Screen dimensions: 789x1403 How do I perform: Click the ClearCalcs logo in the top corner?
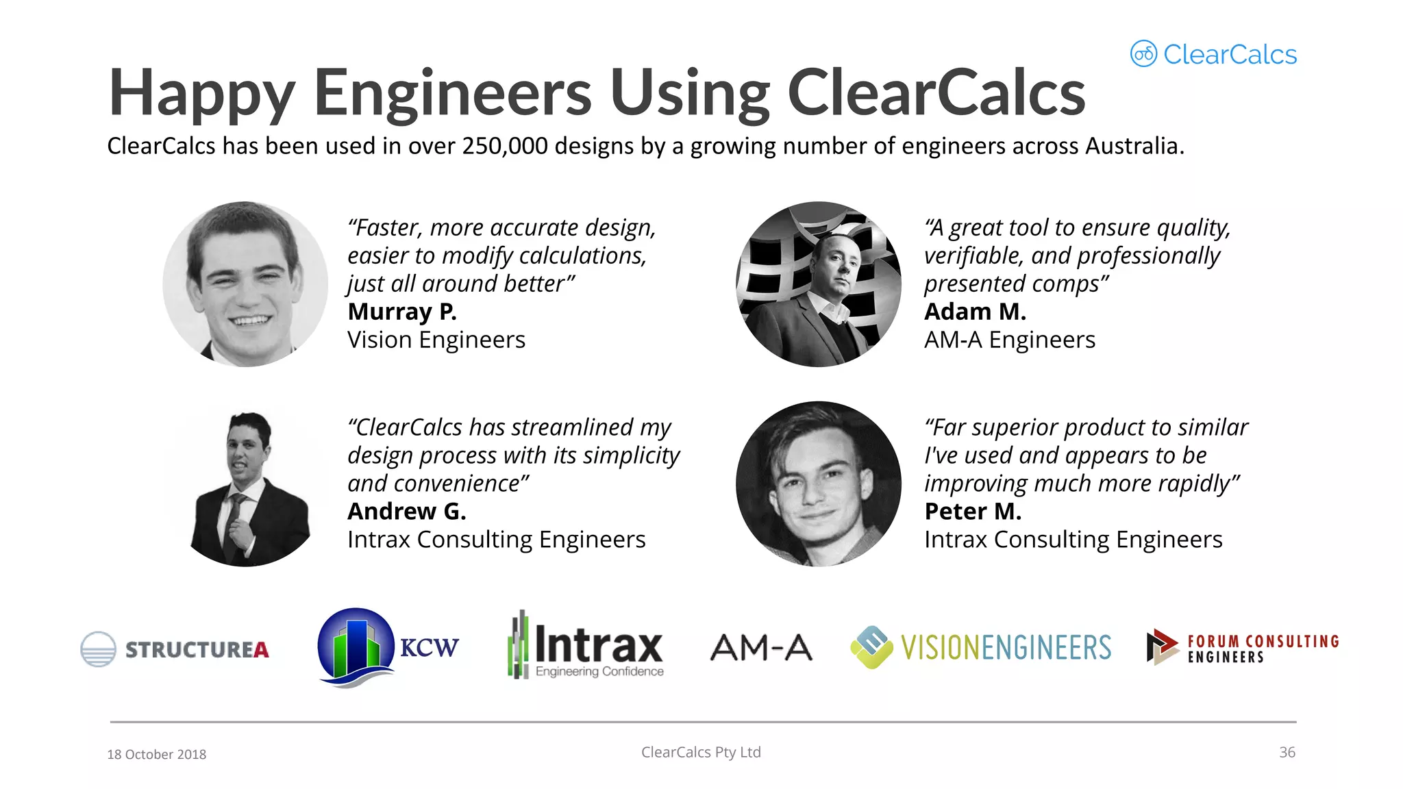pos(1213,54)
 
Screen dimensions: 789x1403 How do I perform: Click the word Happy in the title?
pos(202,94)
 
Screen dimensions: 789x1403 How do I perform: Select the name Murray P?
pos(402,312)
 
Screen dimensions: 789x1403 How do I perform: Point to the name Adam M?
pos(975,312)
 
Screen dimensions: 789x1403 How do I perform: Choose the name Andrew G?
pos(407,512)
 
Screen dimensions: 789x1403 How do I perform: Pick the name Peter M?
pos(973,512)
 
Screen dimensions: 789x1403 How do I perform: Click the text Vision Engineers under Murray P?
pos(436,340)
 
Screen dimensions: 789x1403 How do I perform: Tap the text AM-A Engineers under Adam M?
pos(1009,340)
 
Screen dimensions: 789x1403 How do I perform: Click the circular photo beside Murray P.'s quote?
pos(245,284)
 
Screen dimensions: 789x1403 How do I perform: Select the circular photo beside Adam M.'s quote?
pos(819,284)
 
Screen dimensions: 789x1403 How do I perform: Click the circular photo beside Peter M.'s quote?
pos(819,484)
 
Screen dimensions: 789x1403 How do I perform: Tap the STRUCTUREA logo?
pos(175,649)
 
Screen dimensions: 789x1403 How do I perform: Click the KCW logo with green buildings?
pos(387,647)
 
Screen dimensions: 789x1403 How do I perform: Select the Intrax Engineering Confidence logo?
pos(586,646)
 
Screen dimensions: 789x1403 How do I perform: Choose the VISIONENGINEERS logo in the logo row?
pos(981,647)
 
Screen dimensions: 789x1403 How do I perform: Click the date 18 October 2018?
pos(157,754)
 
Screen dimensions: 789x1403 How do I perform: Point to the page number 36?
pos(1287,752)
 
